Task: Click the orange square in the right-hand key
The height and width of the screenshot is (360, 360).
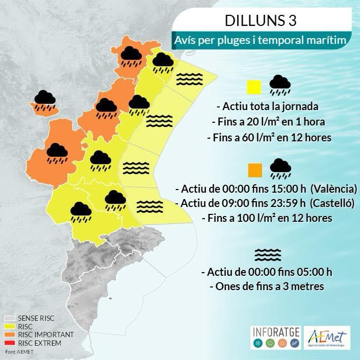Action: (255, 170)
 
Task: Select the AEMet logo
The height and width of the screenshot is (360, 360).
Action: (328, 337)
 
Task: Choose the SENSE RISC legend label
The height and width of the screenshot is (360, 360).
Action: (36, 318)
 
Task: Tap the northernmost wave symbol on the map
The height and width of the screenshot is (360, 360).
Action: (186, 78)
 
